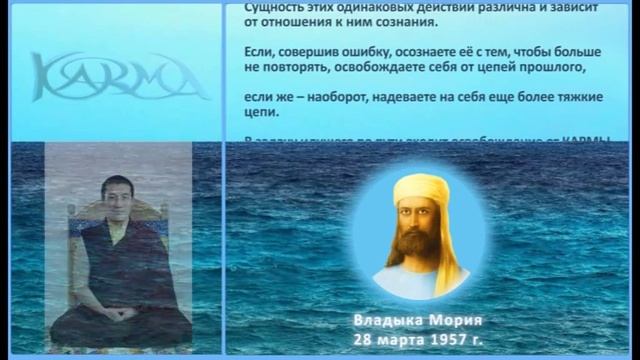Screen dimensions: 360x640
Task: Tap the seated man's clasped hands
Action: [x=117, y=315]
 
